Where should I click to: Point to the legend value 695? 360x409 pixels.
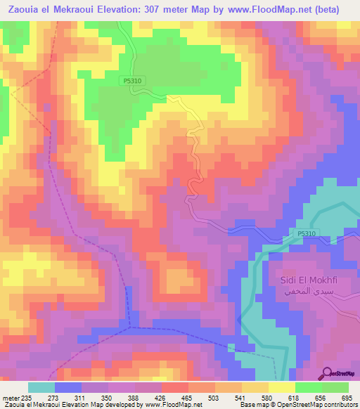(x=346, y=397)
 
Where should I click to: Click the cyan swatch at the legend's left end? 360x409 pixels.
(x=41, y=387)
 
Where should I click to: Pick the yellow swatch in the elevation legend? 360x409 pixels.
(x=281, y=387)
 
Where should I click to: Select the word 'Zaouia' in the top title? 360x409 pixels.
(x=24, y=9)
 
